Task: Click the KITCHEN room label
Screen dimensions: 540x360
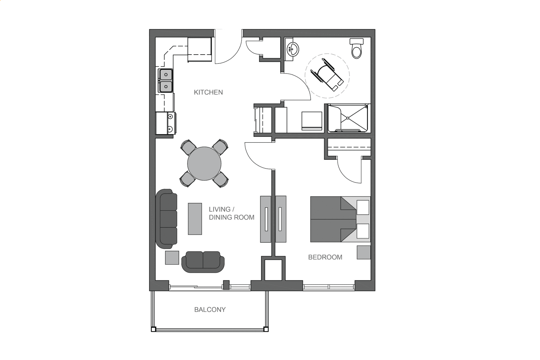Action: click(208, 92)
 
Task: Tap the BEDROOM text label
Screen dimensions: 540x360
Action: click(325, 257)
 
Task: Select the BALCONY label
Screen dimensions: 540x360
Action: click(210, 309)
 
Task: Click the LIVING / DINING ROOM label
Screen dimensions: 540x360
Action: click(231, 213)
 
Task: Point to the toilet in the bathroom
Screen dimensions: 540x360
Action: click(357, 49)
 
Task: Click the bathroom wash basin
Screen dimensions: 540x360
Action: click(292, 49)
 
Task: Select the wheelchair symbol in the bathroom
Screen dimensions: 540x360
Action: click(327, 75)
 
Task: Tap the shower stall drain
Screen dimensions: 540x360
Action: click(348, 118)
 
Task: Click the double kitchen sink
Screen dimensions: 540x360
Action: click(165, 81)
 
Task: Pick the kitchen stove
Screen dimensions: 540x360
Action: click(166, 123)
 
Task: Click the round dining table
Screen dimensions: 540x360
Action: click(204, 163)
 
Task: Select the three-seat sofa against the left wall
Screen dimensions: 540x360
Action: click(166, 219)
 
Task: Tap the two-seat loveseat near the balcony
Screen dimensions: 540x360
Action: click(203, 262)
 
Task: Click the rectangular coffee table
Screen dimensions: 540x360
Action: click(195, 219)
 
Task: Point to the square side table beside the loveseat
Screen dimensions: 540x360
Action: click(172, 258)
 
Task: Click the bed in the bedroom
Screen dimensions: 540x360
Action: click(340, 219)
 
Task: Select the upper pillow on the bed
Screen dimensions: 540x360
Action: click(363, 207)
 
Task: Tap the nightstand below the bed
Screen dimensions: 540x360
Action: click(364, 252)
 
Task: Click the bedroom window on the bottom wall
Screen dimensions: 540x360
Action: click(329, 287)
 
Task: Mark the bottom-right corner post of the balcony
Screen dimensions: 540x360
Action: click(266, 329)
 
